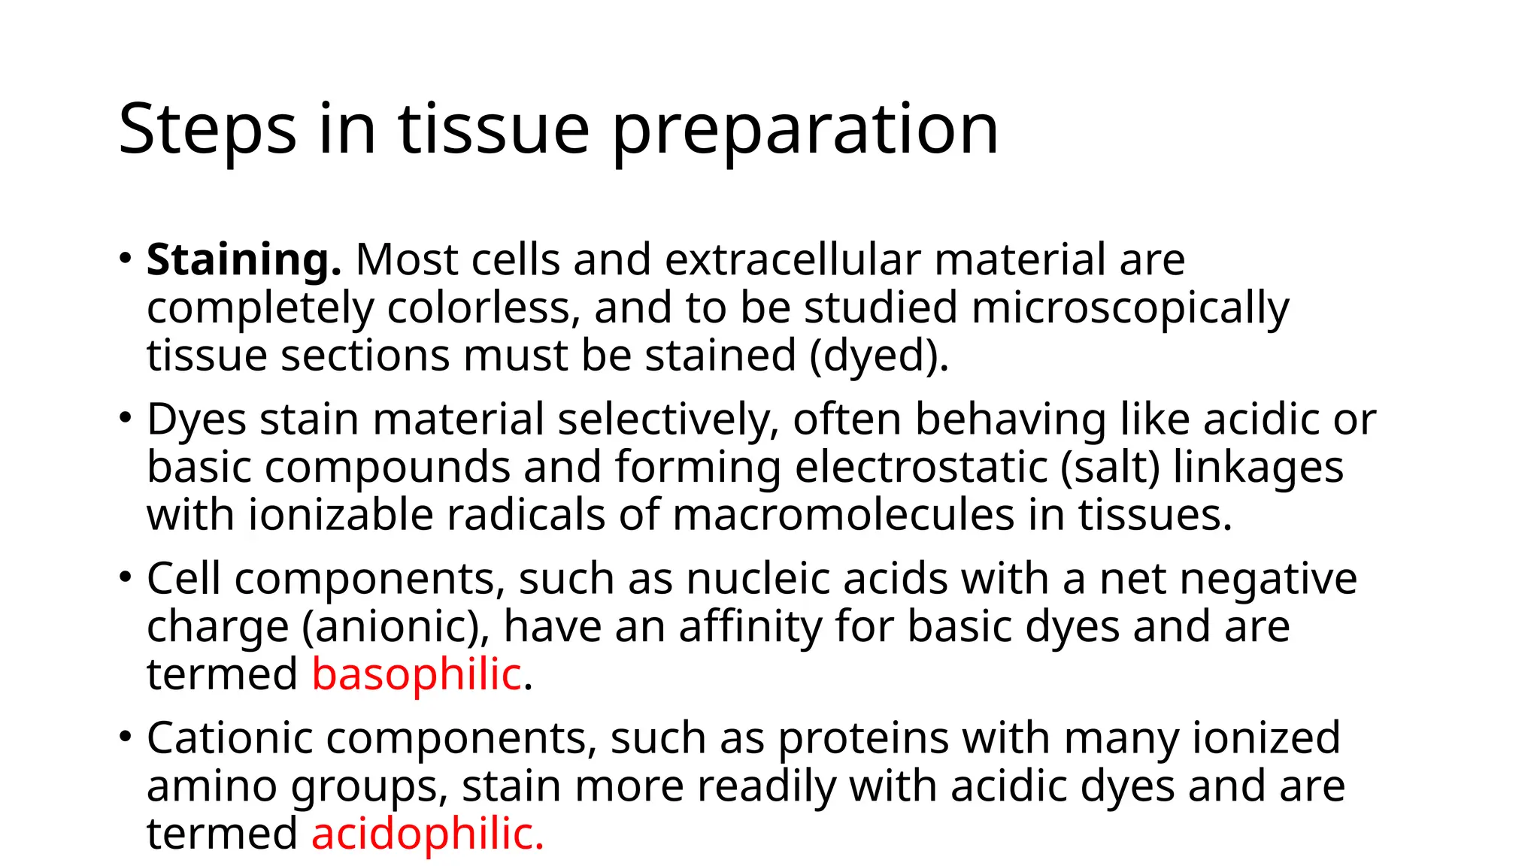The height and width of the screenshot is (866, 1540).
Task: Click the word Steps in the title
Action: pyautogui.click(x=208, y=131)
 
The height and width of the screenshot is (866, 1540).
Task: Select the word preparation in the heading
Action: pyautogui.click(x=805, y=131)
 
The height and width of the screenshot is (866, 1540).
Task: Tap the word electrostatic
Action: pyautogui.click(x=921, y=468)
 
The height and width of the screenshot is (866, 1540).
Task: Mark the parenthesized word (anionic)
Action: pyautogui.click(x=396, y=628)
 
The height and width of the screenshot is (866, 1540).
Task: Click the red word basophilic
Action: pyautogui.click(x=417, y=674)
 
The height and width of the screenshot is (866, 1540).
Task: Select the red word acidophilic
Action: pyautogui.click(x=426, y=834)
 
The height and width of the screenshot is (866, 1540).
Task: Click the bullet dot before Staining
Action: pyautogui.click(x=125, y=259)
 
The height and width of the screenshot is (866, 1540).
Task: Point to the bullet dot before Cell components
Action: pyautogui.click(x=125, y=577)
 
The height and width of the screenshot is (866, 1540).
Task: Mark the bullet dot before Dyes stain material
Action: pyautogui.click(x=125, y=418)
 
